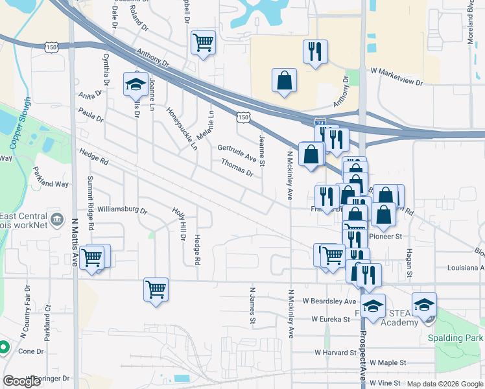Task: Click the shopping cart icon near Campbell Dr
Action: point(204,43)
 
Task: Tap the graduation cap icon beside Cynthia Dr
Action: point(136,84)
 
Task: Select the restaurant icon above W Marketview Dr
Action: point(315,52)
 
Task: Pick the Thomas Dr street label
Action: point(237,168)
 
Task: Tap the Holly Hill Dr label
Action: point(179,224)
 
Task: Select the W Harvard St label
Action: point(336,353)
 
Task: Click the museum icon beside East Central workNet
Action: point(56,219)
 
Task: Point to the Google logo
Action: point(22,381)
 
